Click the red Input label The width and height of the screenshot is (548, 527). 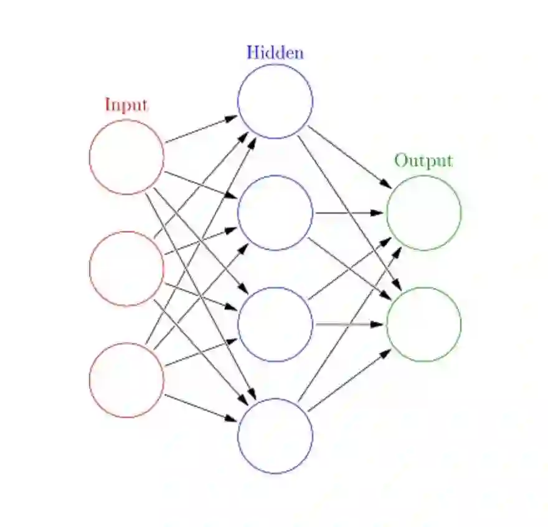coord(126,105)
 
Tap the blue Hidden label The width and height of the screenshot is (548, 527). coord(275,52)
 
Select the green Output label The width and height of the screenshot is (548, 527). coord(423,161)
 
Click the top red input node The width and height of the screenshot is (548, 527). coord(126,157)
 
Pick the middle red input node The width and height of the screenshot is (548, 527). coord(126,268)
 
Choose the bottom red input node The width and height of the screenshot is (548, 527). coord(126,380)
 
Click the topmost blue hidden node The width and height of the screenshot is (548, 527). coord(275,101)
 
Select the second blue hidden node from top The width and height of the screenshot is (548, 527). coord(275,213)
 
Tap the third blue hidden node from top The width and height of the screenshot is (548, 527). coord(275,324)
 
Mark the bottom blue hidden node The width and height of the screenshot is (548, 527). coord(275,436)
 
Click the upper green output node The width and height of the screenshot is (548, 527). coord(423,213)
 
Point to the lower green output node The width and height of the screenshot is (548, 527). coord(423,324)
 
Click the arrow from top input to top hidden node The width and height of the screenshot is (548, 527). coord(201,129)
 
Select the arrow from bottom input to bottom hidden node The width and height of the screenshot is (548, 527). coord(201,408)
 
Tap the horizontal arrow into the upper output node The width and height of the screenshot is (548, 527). coord(349,213)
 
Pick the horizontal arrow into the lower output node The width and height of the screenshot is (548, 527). coord(349,324)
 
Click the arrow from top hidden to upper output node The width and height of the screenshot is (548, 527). coord(349,157)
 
